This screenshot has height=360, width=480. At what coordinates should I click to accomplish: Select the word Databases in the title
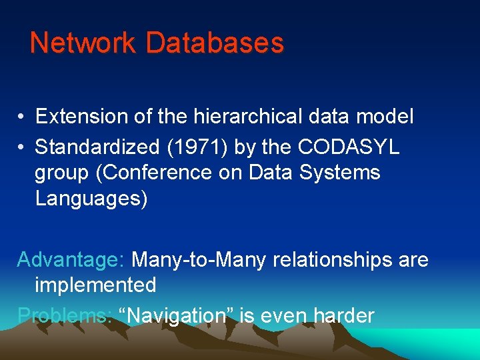[215, 43]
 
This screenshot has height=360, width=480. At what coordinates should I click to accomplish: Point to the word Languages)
[91, 199]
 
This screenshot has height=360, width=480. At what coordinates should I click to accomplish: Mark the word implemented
[95, 285]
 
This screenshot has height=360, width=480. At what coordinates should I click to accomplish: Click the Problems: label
[65, 315]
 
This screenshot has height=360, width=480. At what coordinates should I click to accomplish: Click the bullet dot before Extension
[22, 117]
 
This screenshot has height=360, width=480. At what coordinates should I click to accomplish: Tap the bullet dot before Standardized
[22, 147]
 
